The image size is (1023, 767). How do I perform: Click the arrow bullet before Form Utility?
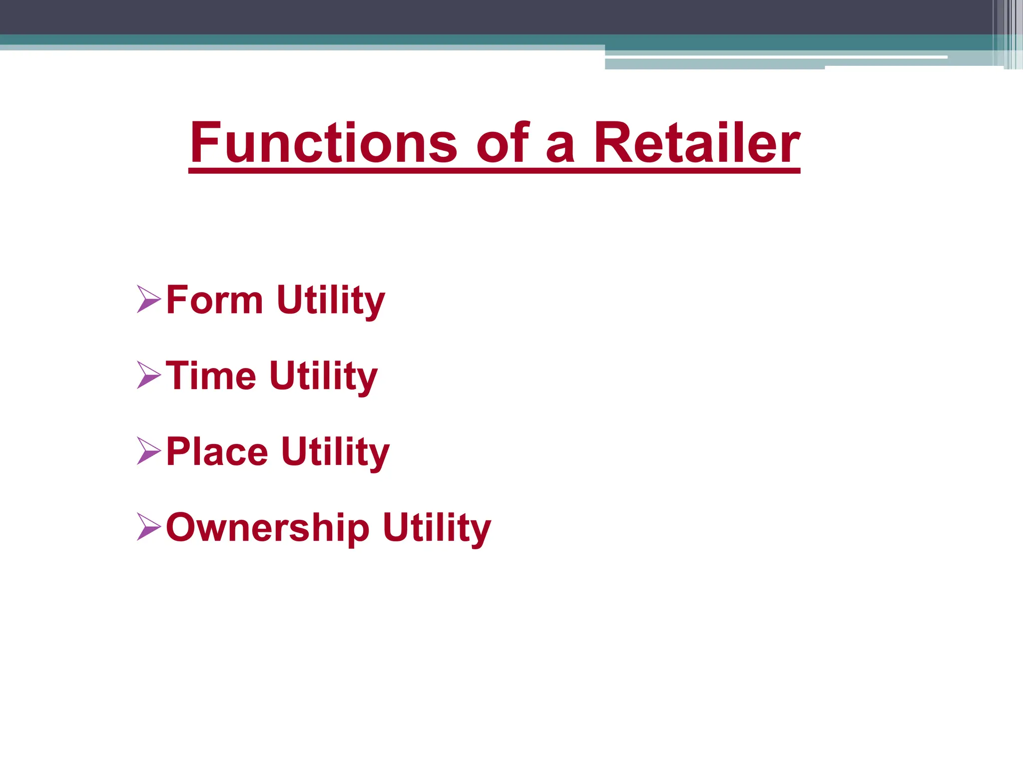[x=148, y=300]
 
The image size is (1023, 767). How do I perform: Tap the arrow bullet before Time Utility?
[x=148, y=376]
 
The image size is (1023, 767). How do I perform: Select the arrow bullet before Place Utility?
[x=148, y=451]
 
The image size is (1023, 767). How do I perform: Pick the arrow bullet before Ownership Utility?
[x=148, y=527]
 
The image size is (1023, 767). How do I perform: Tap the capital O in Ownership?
[x=181, y=527]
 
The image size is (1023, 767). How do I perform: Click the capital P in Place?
[x=177, y=451]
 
